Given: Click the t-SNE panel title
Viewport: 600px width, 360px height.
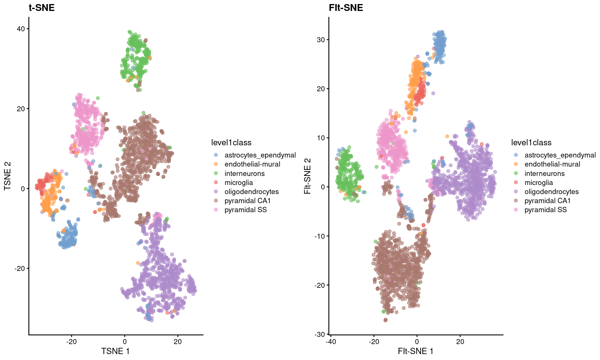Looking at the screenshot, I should click(42, 7).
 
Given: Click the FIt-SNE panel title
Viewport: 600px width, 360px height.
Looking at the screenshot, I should click(346, 7).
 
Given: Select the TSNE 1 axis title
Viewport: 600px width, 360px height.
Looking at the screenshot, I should click(115, 351).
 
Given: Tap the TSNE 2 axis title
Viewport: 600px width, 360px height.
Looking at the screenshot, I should click(7, 176).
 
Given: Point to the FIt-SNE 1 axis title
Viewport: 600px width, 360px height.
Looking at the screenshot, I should click(415, 351).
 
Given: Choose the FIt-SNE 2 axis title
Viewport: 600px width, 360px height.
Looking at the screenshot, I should click(307, 176).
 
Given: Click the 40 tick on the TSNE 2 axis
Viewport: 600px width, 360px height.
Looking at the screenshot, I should click(21, 29).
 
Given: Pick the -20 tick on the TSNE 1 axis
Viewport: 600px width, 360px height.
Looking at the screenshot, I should click(71, 342).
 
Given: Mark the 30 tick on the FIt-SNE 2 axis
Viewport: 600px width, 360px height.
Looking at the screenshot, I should click(321, 40).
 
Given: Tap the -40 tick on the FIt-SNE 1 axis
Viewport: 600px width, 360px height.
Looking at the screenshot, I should click(330, 342).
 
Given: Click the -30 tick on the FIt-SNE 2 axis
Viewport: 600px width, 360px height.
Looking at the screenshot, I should click(319, 334).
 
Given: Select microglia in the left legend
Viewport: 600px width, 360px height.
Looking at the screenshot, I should click(238, 182).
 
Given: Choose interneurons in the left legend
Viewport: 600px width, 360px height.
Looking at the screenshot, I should click(244, 173).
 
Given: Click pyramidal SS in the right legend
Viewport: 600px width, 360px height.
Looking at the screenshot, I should click(545, 210).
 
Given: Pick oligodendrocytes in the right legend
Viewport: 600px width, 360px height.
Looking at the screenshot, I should click(551, 192).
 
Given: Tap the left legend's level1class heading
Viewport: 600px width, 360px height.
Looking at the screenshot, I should click(231, 142).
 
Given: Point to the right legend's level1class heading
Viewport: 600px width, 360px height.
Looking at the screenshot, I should click(531, 142).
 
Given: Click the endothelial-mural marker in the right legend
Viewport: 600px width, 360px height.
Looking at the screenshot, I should click(516, 164).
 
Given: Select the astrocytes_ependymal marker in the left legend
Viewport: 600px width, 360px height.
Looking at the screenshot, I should click(216, 155).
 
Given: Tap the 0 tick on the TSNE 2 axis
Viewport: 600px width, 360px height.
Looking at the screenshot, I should click(23, 188).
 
